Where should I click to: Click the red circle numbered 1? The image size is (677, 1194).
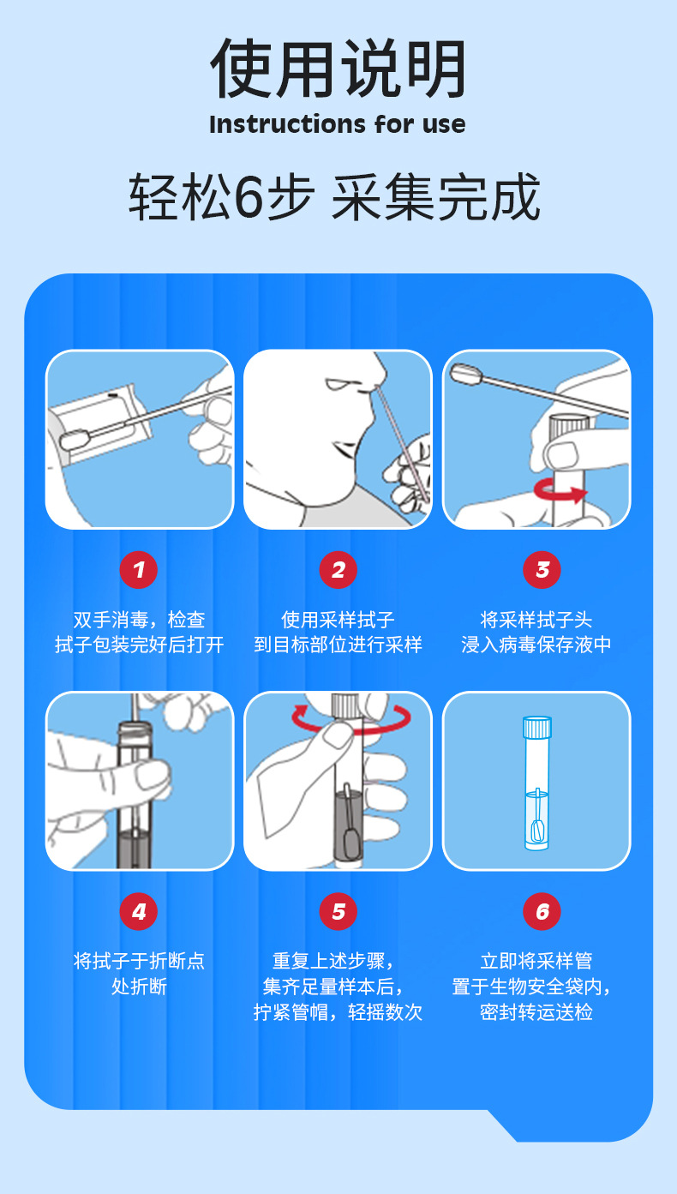[139, 570]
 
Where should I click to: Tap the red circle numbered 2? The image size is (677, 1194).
[338, 570]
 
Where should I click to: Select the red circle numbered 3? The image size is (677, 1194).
[542, 570]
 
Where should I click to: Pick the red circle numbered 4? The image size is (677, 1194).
[139, 911]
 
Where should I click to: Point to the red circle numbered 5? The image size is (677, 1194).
[338, 911]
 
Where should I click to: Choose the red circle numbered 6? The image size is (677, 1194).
[542, 911]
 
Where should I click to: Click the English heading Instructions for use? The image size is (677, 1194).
[338, 124]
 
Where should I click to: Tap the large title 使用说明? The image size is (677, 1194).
[338, 69]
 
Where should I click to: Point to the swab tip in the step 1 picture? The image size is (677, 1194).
[74, 439]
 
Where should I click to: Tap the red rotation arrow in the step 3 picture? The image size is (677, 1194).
[560, 490]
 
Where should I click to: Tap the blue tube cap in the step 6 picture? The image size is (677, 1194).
[537, 727]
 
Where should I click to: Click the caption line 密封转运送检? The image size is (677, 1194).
[536, 1011]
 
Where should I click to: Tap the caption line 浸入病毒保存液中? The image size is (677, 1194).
[536, 645]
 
